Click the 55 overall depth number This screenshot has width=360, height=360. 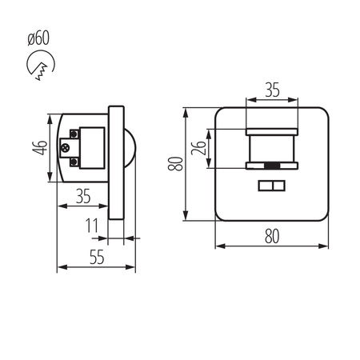95,257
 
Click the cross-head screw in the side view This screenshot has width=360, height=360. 66,147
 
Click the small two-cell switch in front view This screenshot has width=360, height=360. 271,187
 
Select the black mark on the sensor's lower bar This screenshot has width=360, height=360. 272,167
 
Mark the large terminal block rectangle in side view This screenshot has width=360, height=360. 90,147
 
